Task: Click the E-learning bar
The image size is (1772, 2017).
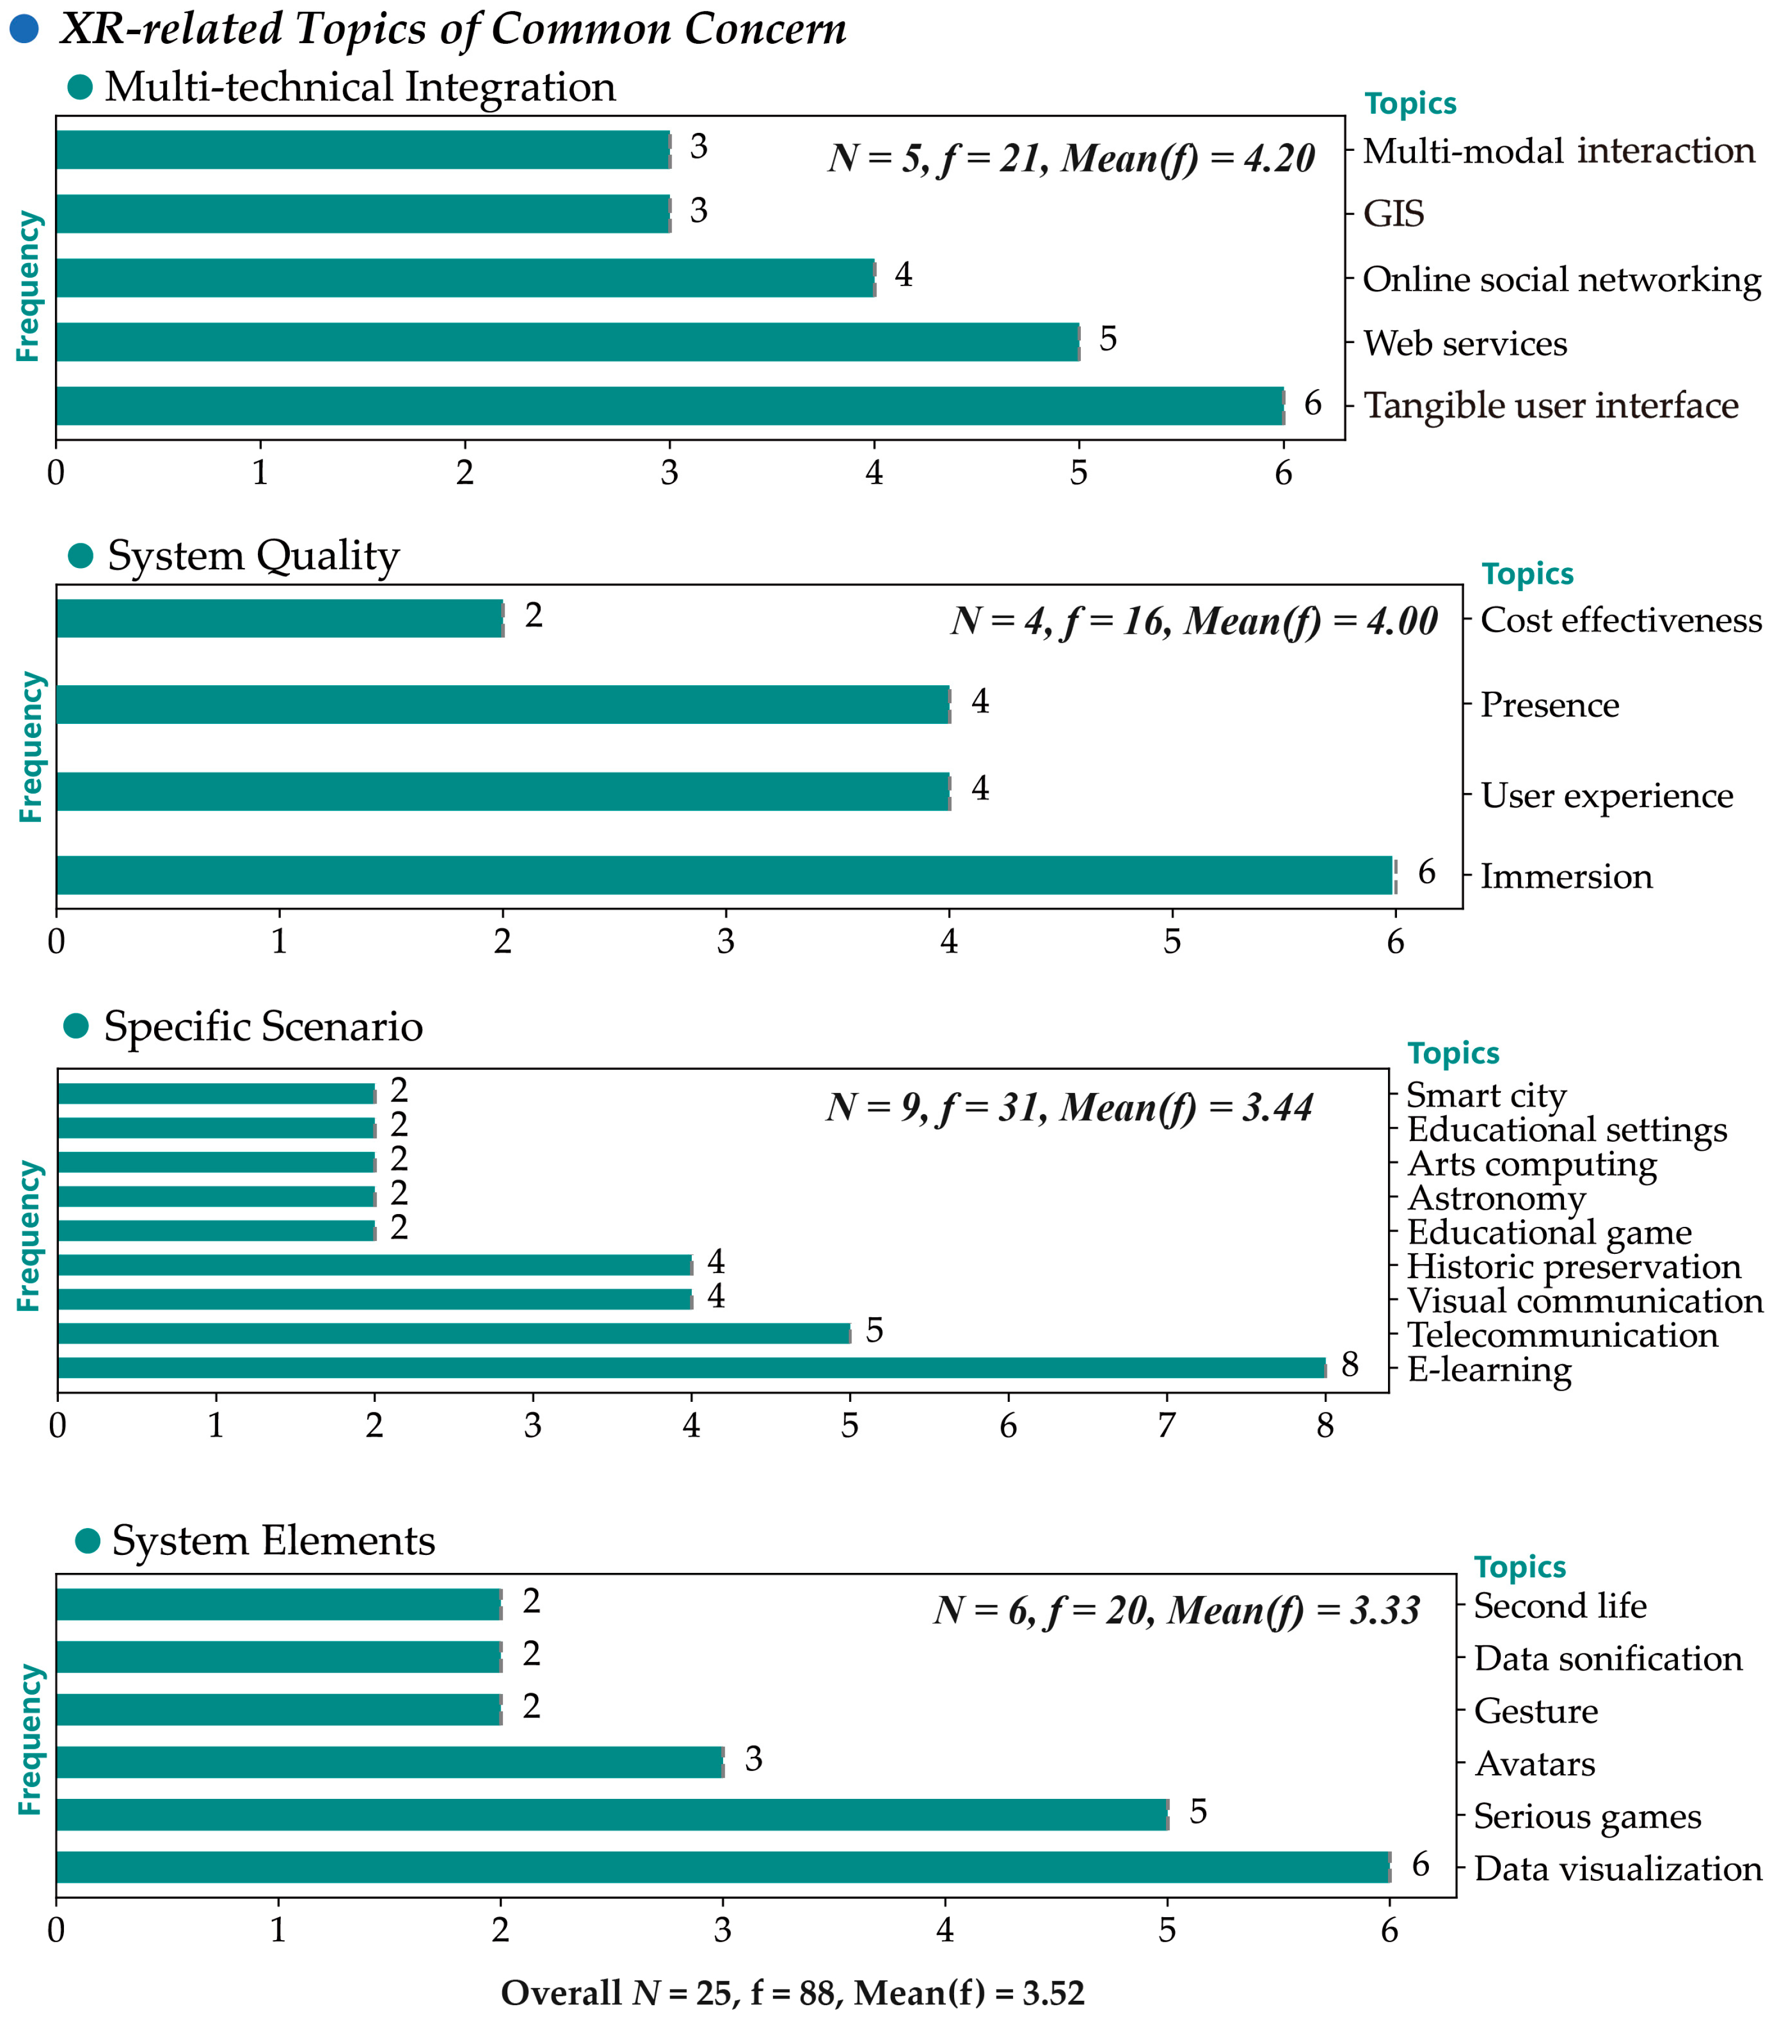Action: [691, 1368]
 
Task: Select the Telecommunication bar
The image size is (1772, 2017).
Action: [454, 1333]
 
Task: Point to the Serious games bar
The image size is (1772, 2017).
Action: [612, 1815]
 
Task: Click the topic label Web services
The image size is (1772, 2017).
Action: [1464, 343]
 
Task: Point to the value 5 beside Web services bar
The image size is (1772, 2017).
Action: [1108, 339]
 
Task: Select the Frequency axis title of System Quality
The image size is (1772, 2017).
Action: [31, 747]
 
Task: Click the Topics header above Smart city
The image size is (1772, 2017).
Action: [1452, 1053]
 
